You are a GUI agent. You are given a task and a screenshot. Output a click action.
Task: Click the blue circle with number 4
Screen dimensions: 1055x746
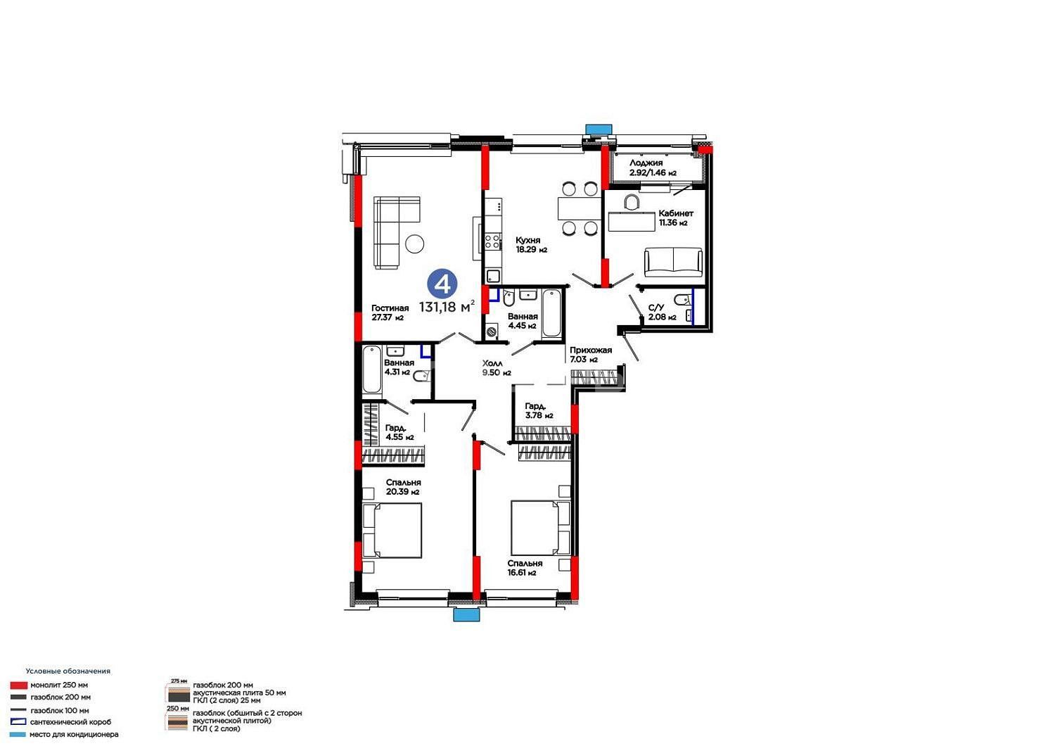tap(442, 284)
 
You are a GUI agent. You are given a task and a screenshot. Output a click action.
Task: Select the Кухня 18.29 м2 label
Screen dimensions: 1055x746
tap(531, 245)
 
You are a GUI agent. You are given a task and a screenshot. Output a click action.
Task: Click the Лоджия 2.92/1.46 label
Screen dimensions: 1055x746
tap(653, 167)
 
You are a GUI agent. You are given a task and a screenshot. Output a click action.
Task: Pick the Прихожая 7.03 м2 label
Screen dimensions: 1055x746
tap(591, 355)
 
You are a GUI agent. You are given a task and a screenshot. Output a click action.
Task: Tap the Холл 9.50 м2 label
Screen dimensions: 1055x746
tap(497, 367)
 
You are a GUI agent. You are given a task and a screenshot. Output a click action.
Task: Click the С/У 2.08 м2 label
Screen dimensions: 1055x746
tap(662, 312)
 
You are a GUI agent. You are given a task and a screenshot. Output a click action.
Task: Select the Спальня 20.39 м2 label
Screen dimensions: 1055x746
tap(403, 487)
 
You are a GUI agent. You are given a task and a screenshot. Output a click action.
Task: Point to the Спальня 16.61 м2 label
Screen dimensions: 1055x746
tap(525, 568)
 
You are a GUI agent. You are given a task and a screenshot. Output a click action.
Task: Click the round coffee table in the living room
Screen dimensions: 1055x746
tap(414, 244)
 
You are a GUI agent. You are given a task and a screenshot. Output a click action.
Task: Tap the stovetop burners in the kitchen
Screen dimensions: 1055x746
tap(492, 241)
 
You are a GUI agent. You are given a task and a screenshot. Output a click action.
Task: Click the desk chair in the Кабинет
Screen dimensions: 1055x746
tap(632, 202)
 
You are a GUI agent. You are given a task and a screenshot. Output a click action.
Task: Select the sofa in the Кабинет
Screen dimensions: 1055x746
tap(673, 262)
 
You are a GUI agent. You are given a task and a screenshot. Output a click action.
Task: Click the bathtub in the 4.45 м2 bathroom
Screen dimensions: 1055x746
tap(551, 314)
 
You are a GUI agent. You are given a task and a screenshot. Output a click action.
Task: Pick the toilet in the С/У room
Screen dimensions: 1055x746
tap(681, 299)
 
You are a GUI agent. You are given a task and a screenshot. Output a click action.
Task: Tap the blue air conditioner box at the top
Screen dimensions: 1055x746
tap(599, 129)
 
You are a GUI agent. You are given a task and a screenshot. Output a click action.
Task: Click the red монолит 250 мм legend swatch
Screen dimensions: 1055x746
tap(19, 685)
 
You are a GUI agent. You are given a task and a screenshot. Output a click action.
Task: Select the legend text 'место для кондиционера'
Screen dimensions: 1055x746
tap(74, 734)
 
